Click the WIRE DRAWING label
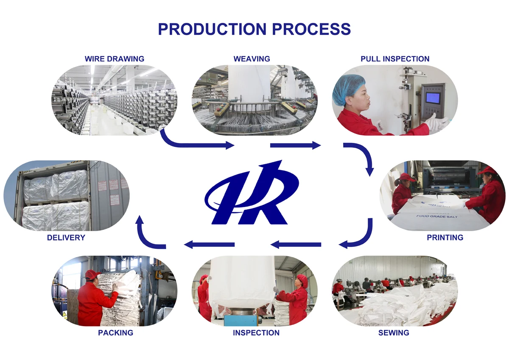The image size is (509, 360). click(x=115, y=59)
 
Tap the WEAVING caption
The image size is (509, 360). click(x=252, y=59)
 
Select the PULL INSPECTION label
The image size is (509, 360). click(x=395, y=59)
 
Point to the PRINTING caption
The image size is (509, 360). click(x=445, y=237)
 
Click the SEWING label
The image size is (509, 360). click(x=394, y=333)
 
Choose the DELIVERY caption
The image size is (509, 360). click(x=66, y=237)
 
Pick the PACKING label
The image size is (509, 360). click(x=115, y=333)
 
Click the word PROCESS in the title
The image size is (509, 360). click(x=311, y=29)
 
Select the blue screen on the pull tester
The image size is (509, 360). click(x=432, y=98)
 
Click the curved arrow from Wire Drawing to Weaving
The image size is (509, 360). click(x=191, y=142)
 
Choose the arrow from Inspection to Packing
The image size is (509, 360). click(x=209, y=244)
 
